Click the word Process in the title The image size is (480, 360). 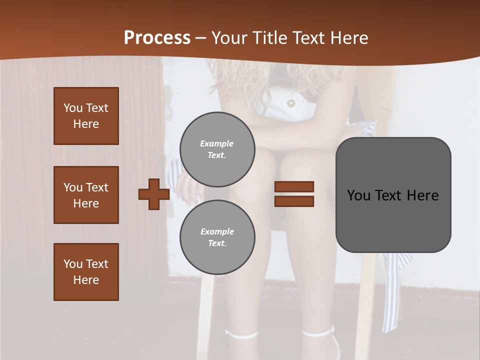click(x=157, y=38)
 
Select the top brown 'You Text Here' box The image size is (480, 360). click(x=86, y=116)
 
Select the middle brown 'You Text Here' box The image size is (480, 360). click(x=86, y=195)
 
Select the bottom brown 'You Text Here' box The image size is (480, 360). click(x=86, y=272)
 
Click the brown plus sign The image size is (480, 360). click(x=154, y=194)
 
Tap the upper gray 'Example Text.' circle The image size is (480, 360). click(x=217, y=149)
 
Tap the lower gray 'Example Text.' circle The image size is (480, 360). click(x=217, y=237)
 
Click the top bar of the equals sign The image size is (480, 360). click(x=294, y=186)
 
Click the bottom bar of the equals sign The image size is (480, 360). click(x=294, y=201)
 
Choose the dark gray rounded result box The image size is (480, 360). click(x=393, y=195)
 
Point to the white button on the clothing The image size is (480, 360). click(x=290, y=103)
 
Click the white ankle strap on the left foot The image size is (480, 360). click(x=241, y=334)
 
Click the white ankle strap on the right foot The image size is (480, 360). click(x=318, y=331)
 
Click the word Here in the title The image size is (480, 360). click(x=349, y=38)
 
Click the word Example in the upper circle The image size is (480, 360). click(x=217, y=143)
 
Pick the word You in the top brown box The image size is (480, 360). click(x=72, y=108)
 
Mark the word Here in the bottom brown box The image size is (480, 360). click(x=86, y=280)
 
